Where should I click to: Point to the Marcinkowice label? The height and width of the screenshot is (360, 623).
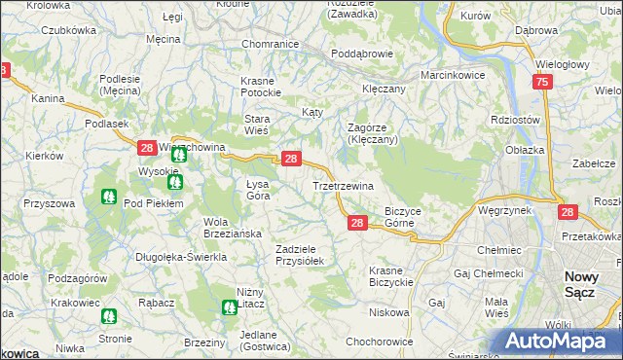pyautogui.click(x=452, y=75)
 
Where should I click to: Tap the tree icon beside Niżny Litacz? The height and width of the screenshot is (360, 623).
pyautogui.click(x=229, y=307)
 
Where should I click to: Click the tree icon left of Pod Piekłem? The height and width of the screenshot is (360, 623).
pyautogui.click(x=107, y=196)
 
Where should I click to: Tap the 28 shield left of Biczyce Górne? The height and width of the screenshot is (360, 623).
pyautogui.click(x=357, y=223)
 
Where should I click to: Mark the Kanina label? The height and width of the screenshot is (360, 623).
pyautogui.click(x=48, y=98)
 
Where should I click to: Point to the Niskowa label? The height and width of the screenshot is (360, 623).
pyautogui.click(x=389, y=312)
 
